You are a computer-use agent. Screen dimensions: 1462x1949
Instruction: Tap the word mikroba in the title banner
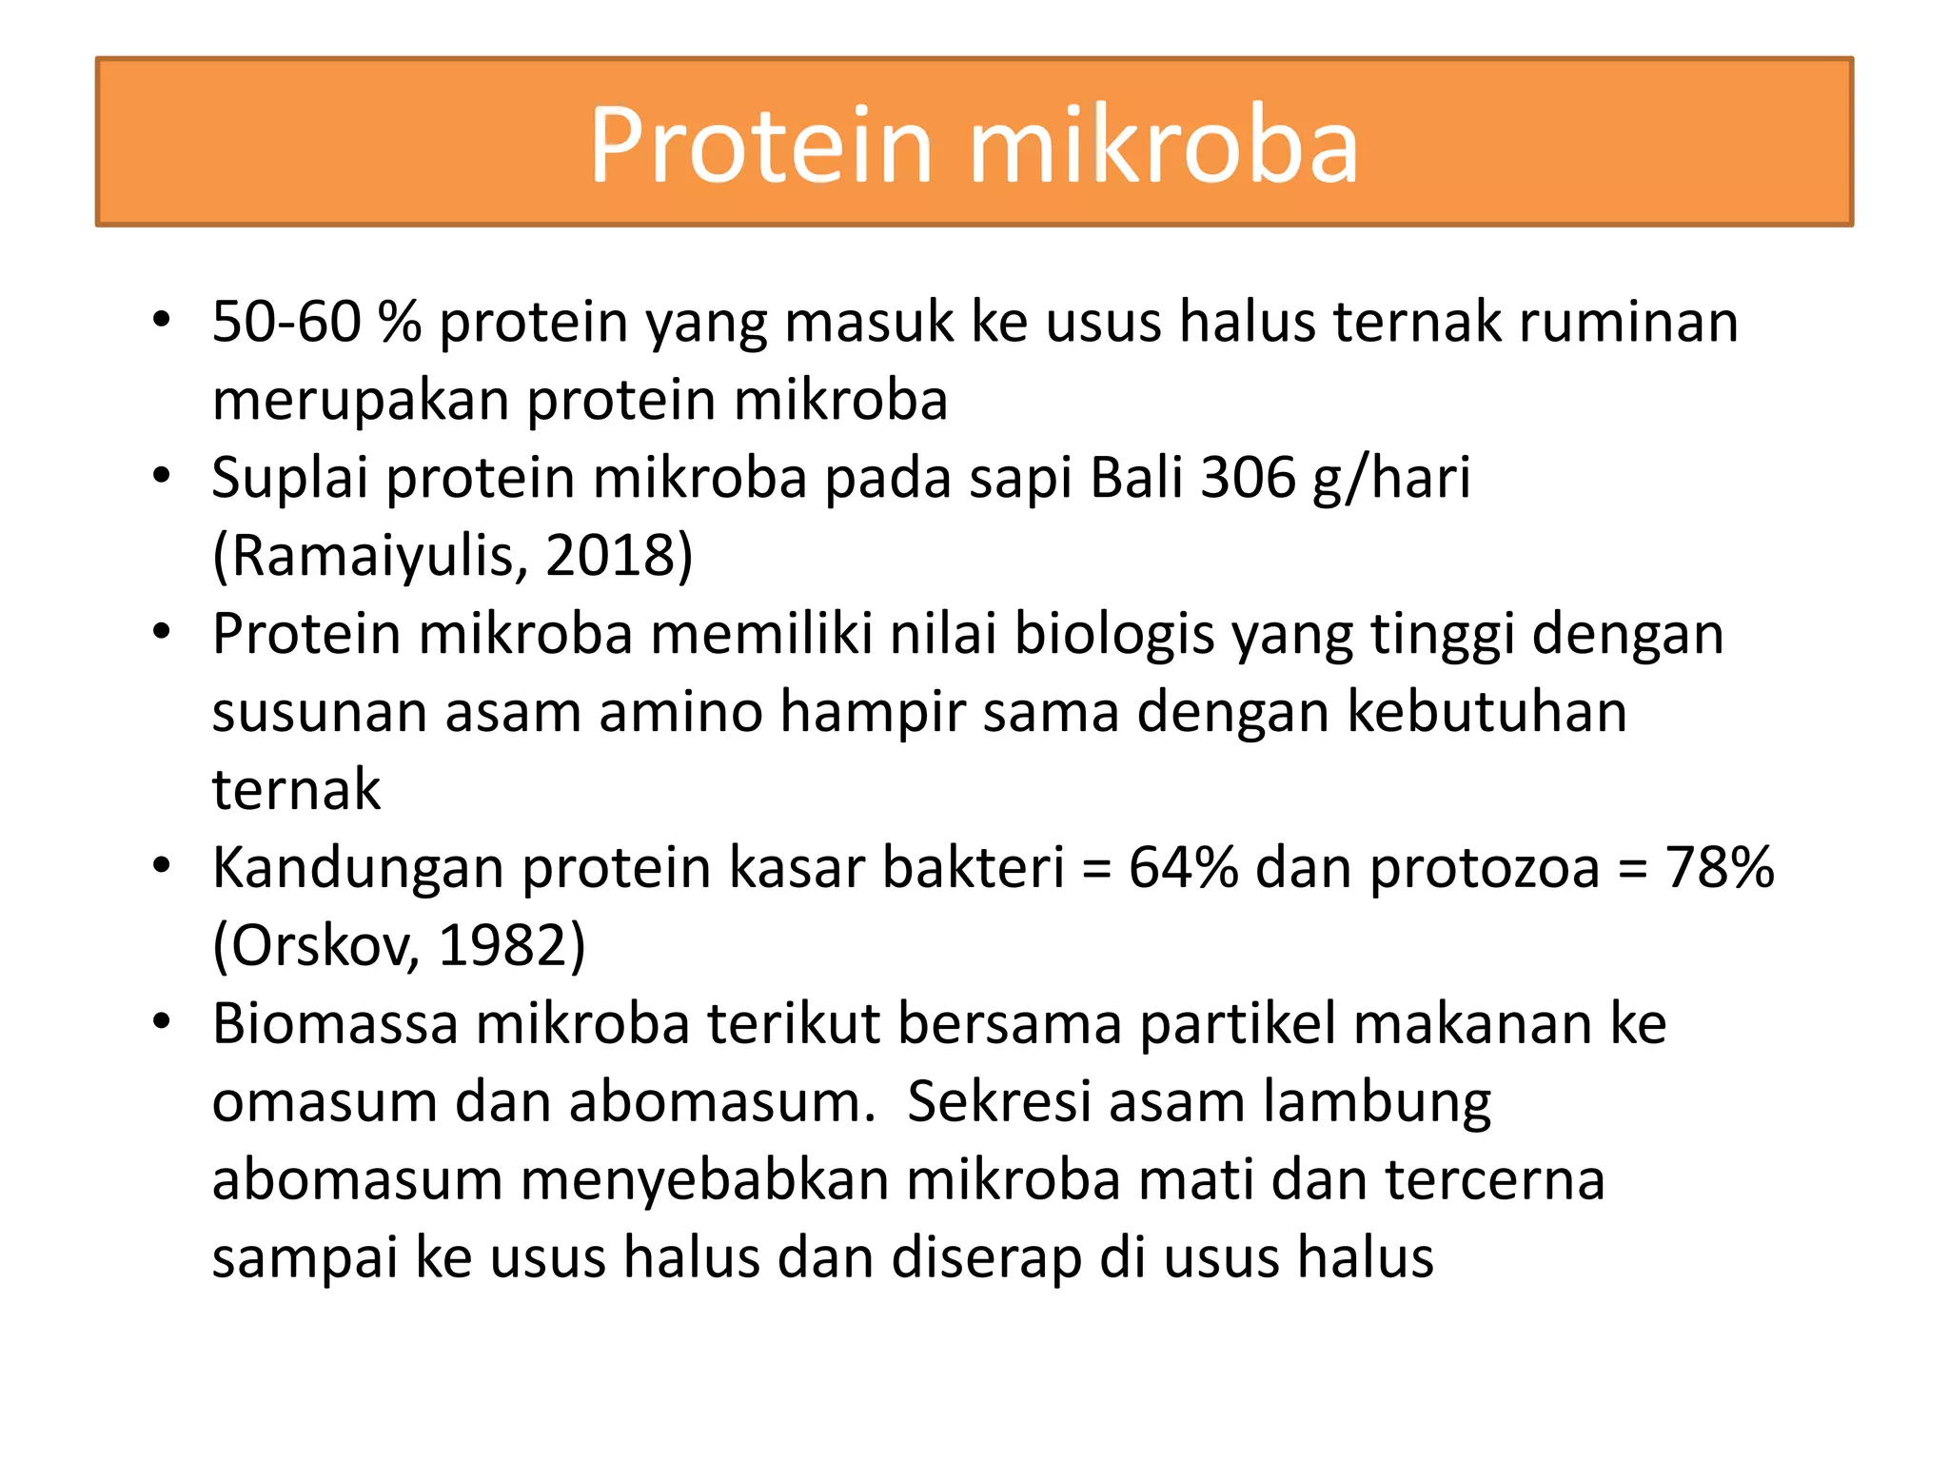1163,145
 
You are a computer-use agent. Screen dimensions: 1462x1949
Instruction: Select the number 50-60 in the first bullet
286,322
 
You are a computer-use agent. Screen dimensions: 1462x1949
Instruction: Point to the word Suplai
289,478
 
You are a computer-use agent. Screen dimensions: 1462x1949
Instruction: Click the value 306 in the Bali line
1248,478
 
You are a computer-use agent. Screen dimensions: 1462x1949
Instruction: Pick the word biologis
1114,634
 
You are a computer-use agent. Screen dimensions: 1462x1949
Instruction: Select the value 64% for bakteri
1183,868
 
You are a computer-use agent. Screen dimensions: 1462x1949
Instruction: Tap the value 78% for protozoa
1719,868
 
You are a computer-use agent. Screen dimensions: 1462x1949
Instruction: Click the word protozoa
1485,868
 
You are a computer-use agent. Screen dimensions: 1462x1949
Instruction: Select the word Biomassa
335,1024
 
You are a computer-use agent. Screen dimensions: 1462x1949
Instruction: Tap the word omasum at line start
323,1102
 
